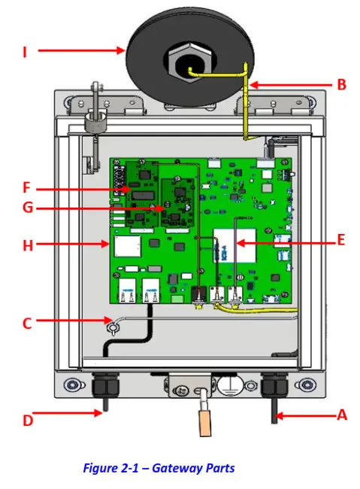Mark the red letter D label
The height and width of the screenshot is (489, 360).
28,420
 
